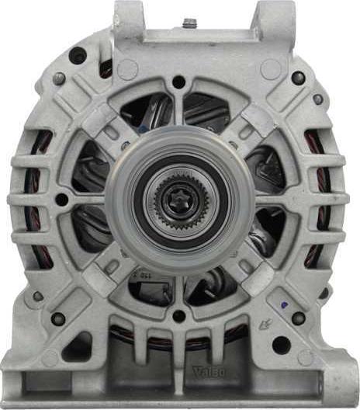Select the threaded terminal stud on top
[189, 24]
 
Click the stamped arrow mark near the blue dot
[266, 324]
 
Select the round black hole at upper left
[77, 55]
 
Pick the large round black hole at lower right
[281, 344]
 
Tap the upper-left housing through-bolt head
[58, 78]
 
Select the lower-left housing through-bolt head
[57, 318]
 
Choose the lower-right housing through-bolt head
[298, 318]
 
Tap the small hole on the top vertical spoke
[178, 82]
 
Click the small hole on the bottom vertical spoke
[178, 316]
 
